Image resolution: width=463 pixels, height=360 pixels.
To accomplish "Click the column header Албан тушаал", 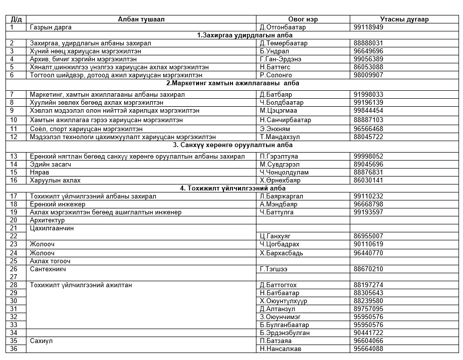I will tap(141, 19).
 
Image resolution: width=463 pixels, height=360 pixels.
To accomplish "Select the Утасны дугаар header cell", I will tap(404, 19).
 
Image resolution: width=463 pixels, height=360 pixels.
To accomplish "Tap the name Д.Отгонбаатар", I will tap(283, 27).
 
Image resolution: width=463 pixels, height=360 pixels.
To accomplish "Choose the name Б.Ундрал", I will tap(274, 51).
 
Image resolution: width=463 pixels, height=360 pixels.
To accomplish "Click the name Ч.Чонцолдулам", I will tap(284, 172).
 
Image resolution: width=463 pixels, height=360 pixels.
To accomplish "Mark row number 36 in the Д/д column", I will tap(14, 349).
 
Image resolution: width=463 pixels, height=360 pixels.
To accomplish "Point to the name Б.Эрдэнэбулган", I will tap(285, 333).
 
